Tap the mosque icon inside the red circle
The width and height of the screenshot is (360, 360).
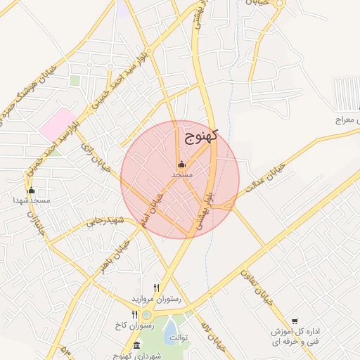(181, 164)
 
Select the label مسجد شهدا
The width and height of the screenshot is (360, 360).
(30, 200)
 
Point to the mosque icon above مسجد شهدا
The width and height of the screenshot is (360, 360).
(30, 190)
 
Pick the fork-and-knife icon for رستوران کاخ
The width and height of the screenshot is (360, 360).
(135, 314)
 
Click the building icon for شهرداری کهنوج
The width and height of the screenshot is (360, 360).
(136, 345)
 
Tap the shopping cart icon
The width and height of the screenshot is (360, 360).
(294, 321)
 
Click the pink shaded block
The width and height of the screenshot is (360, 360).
(57, 122)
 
